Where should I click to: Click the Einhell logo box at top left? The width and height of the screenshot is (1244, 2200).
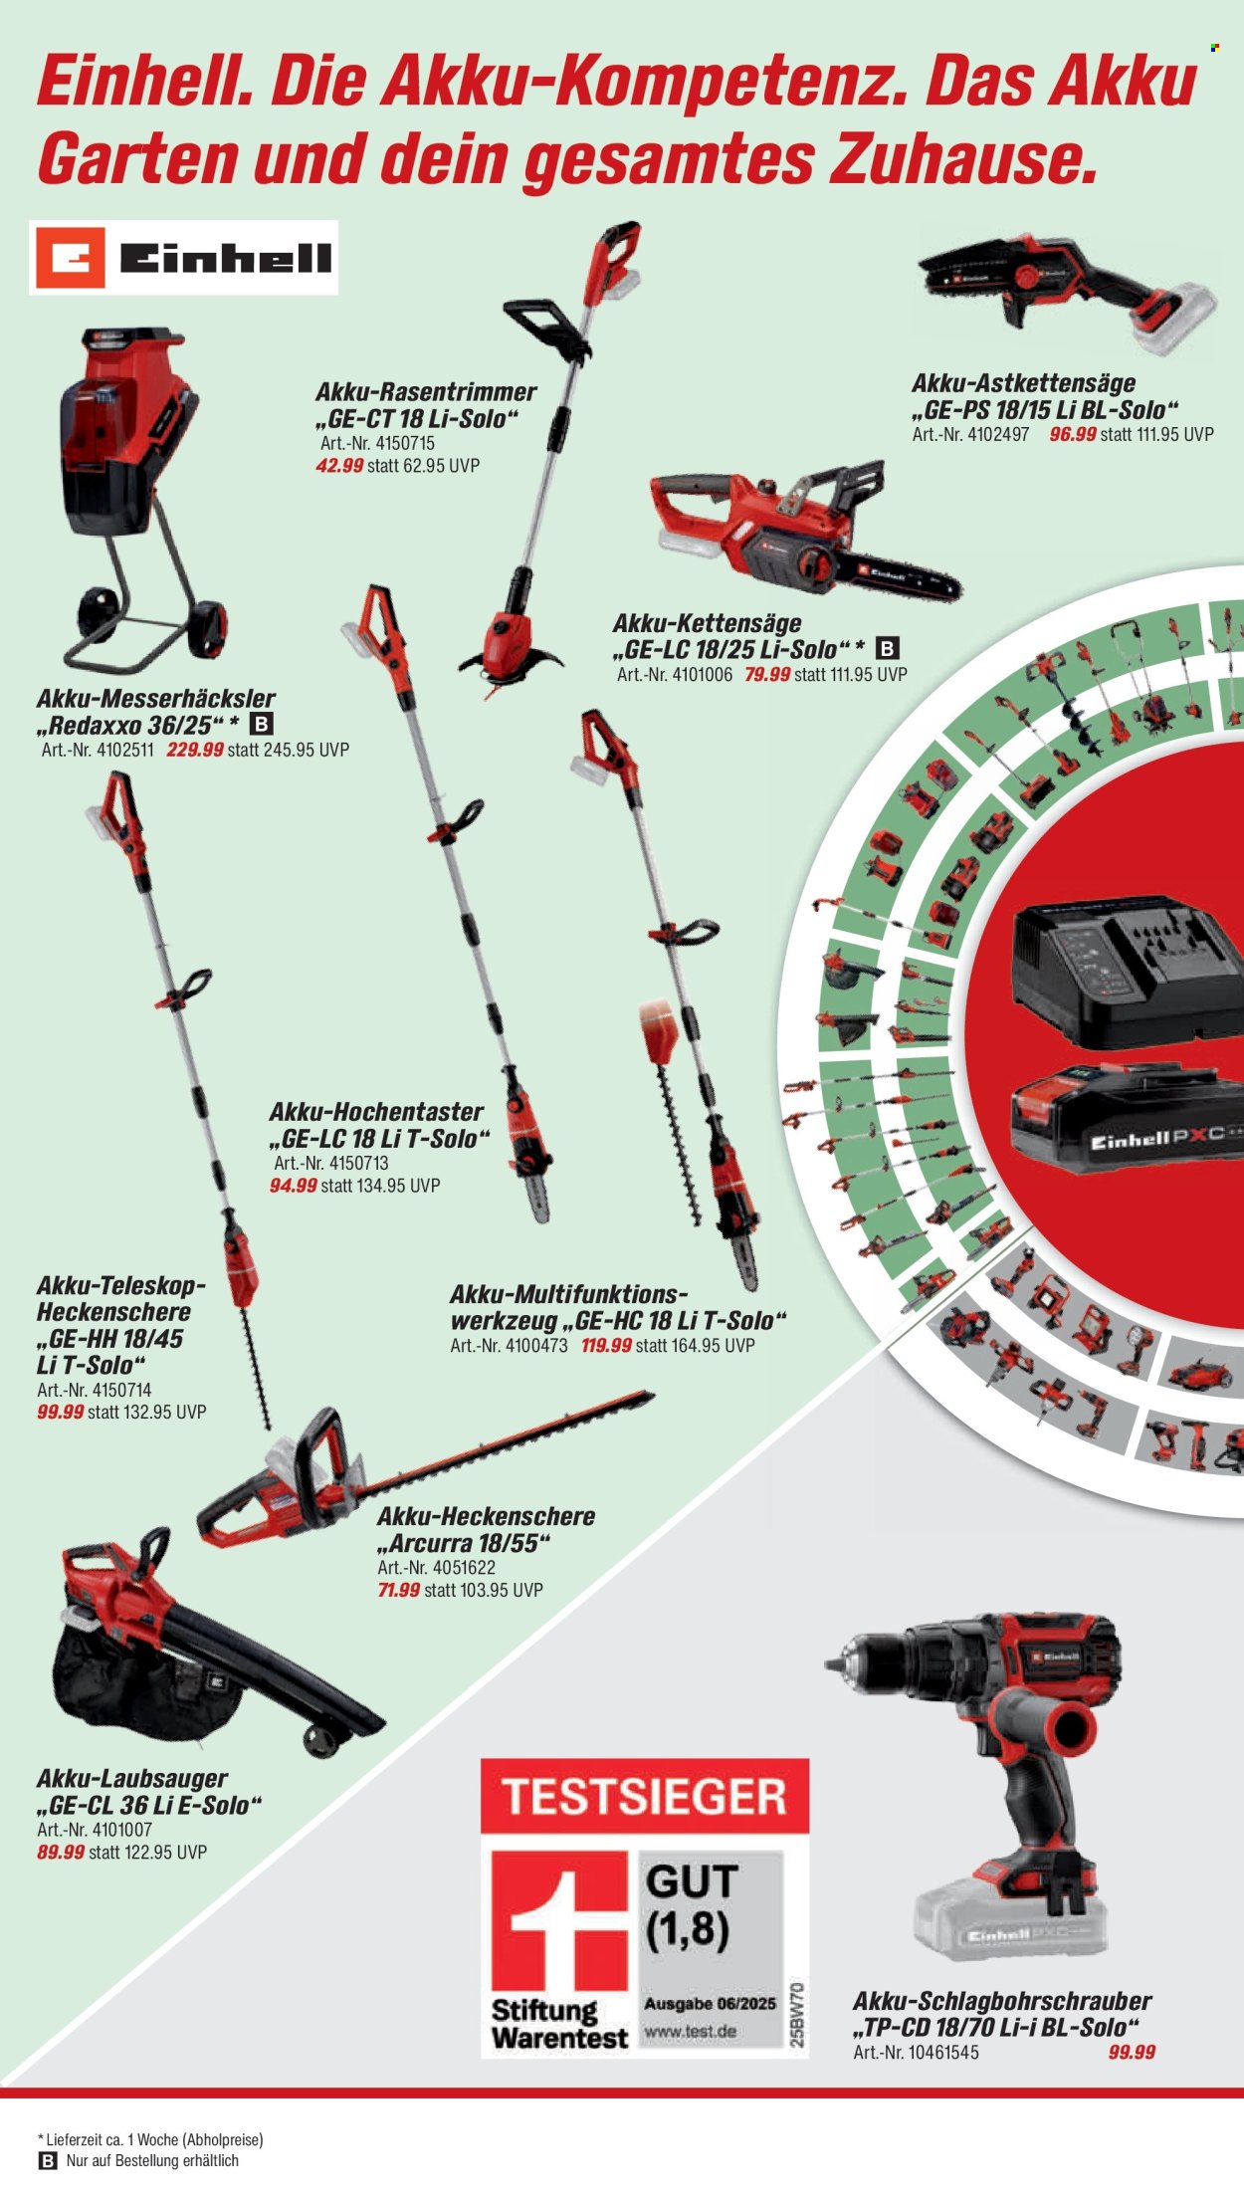tap(184, 258)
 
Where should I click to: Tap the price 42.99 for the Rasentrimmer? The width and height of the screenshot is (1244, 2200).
tap(339, 466)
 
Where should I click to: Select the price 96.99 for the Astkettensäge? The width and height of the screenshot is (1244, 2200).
tap(1073, 435)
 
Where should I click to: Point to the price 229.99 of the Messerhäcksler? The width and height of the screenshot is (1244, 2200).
tap(195, 750)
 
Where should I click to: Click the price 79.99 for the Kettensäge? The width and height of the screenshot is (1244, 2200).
tap(767, 674)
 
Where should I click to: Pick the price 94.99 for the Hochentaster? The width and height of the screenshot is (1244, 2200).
tap(294, 1186)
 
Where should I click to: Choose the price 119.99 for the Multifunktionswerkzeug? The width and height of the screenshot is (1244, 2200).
tap(607, 1345)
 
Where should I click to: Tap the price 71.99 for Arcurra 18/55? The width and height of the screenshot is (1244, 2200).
tap(399, 1590)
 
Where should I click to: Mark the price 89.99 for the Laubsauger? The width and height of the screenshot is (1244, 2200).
tap(61, 1852)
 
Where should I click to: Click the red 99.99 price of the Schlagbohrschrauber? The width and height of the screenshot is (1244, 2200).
tap(1133, 2052)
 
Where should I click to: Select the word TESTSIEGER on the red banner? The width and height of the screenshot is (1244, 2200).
tap(645, 1797)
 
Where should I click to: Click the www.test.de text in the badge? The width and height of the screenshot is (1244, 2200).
tap(691, 2030)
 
